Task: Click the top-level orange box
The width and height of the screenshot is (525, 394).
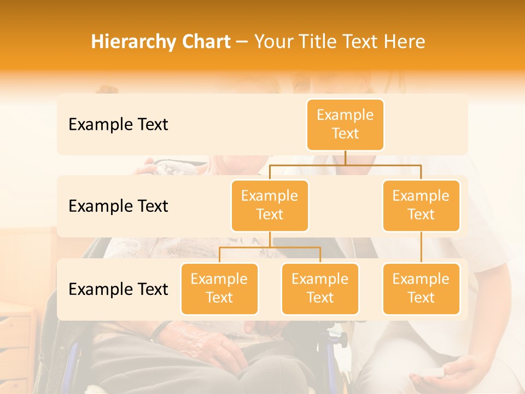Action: tap(345, 125)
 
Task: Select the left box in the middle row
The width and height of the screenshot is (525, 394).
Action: tap(270, 205)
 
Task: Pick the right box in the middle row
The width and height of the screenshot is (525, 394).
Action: tap(421, 205)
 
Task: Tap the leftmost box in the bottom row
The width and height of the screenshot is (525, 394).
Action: tap(219, 288)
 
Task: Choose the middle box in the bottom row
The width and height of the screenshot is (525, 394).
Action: tap(320, 288)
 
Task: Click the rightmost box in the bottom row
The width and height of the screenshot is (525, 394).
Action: tap(421, 288)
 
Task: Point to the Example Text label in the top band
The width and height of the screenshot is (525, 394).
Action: tap(118, 125)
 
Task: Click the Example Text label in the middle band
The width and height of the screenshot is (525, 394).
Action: tap(118, 206)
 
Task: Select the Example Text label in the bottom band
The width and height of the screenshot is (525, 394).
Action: tap(118, 289)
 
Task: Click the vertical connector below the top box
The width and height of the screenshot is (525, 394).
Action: tap(345, 158)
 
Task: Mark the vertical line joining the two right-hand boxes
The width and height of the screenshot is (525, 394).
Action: tap(421, 247)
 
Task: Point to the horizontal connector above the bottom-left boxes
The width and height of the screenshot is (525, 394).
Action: tap(270, 247)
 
